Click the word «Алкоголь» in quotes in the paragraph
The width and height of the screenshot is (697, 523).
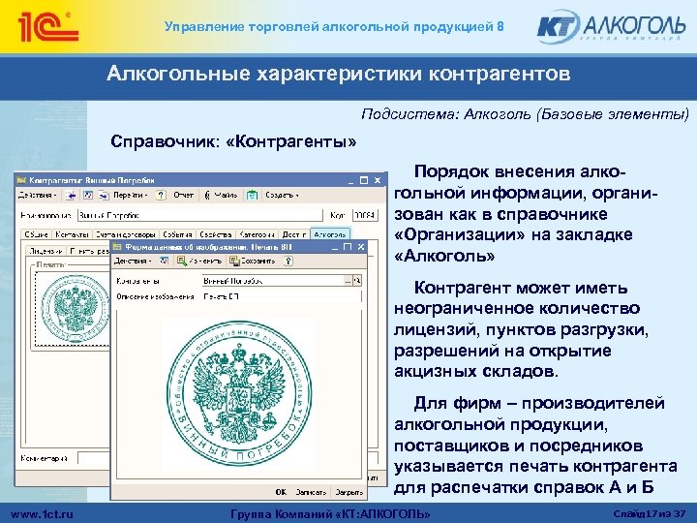pos(445,257)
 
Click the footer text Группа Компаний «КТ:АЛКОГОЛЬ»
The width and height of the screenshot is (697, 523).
pos(334,511)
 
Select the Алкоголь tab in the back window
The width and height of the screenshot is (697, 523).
pos(330,234)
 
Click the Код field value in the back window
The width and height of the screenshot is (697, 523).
pos(362,214)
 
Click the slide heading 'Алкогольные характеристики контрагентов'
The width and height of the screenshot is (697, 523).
pos(339,74)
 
